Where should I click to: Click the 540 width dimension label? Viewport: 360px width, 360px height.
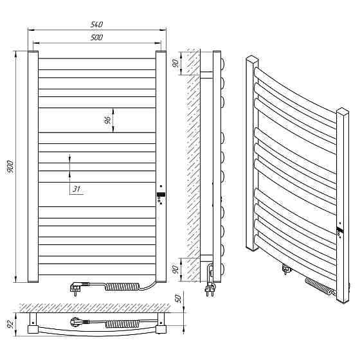[96, 24]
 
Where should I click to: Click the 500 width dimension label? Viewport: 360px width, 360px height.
[96, 37]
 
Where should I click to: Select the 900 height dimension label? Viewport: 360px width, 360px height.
[10, 166]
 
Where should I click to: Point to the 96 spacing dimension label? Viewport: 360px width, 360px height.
[108, 120]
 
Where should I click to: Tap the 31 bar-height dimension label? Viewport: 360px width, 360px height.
[76, 189]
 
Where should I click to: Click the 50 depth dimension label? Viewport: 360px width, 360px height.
[179, 298]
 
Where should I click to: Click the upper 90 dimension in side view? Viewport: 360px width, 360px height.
[175, 63]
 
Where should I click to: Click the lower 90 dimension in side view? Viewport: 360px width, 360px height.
[175, 269]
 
